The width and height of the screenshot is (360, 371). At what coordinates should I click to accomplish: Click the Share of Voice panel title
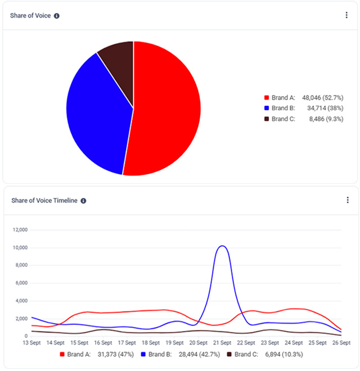[30, 16]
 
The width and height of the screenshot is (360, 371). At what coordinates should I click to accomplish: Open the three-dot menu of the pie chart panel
[346, 15]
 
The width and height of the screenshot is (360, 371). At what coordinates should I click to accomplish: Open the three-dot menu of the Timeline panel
[347, 200]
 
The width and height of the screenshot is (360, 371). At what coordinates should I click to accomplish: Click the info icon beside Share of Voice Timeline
[83, 201]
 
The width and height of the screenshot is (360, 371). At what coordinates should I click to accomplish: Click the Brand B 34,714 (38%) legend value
[323, 108]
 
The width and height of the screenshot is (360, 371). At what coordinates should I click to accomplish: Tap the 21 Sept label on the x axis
[222, 342]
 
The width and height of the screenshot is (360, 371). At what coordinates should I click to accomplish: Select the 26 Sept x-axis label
[341, 342]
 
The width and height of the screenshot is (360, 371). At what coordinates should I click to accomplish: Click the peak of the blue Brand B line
[223, 246]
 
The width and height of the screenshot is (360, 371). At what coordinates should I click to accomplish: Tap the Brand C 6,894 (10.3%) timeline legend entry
[256, 355]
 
